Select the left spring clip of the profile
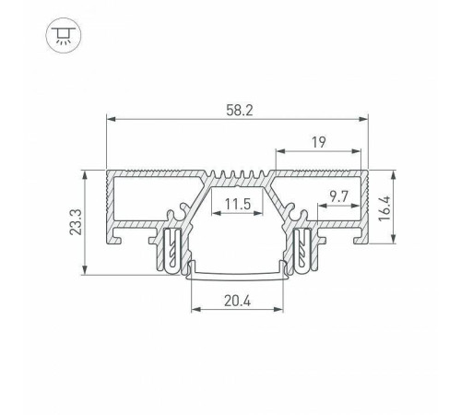pyautogui.click(x=173, y=252)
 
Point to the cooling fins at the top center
pyautogui.click(x=237, y=175)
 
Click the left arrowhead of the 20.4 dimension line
pyautogui.click(x=194, y=310)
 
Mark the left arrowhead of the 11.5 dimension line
pyautogui.click(x=214, y=214)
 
